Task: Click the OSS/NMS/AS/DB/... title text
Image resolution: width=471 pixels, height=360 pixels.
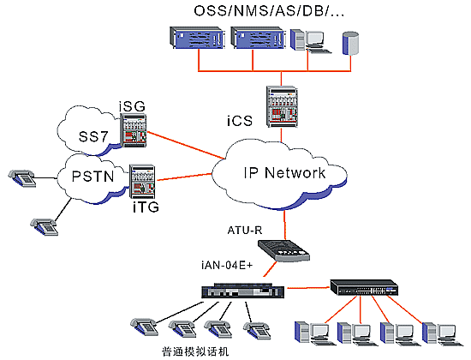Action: click(x=269, y=11)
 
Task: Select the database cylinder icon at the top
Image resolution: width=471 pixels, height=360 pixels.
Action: click(x=350, y=44)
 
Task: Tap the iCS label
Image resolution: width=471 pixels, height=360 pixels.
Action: click(x=240, y=121)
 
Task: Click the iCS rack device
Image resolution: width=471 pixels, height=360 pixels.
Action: click(x=282, y=106)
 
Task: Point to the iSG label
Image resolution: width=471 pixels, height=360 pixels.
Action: click(x=132, y=106)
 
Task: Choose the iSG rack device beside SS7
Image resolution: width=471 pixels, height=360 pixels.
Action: click(x=134, y=130)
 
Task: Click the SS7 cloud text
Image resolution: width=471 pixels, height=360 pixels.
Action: click(x=93, y=136)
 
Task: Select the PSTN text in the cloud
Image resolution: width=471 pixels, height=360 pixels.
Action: click(x=93, y=177)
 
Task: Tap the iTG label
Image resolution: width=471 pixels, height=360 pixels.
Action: click(x=146, y=207)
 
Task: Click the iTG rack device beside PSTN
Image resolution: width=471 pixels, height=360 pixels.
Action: click(x=142, y=181)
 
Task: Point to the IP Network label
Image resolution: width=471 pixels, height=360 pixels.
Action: click(x=284, y=172)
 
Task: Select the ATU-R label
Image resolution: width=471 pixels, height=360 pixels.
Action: click(x=245, y=231)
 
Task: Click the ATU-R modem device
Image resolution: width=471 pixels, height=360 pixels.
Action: click(x=283, y=250)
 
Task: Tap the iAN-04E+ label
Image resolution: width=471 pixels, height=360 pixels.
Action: click(x=227, y=266)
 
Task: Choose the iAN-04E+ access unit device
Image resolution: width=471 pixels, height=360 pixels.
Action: click(x=242, y=291)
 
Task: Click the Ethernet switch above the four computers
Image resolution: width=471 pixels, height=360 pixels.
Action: click(x=364, y=288)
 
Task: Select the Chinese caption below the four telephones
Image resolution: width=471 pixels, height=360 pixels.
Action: click(x=195, y=351)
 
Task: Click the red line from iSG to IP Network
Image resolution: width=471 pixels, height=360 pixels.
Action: click(x=186, y=145)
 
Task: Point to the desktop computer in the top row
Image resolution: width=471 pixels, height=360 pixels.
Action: click(x=311, y=41)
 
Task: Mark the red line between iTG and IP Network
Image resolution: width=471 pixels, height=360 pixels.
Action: click(x=184, y=177)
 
